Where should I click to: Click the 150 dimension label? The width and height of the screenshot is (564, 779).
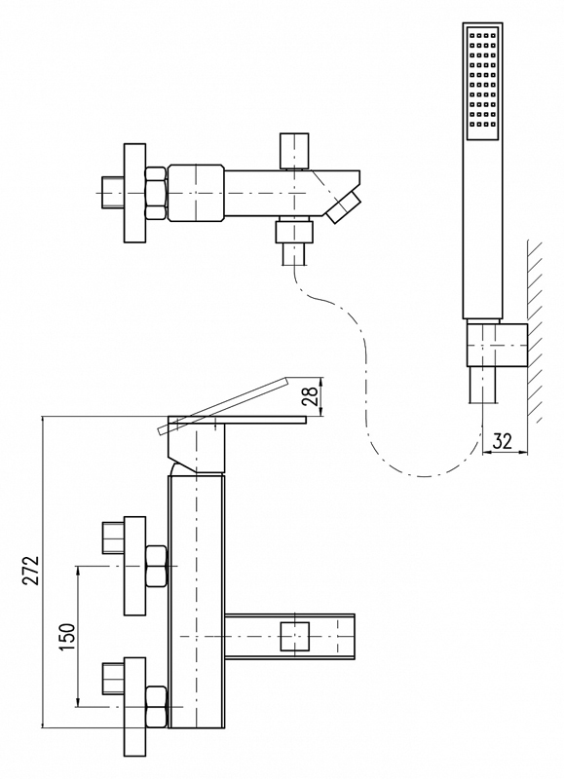[66, 638]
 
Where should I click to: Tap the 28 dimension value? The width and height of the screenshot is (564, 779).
[310, 396]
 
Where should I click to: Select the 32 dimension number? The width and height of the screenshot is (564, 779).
[503, 441]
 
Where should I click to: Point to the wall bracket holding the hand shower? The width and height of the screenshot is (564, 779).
[498, 346]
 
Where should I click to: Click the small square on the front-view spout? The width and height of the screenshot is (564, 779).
[295, 637]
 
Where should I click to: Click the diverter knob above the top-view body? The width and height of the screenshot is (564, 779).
[294, 151]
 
